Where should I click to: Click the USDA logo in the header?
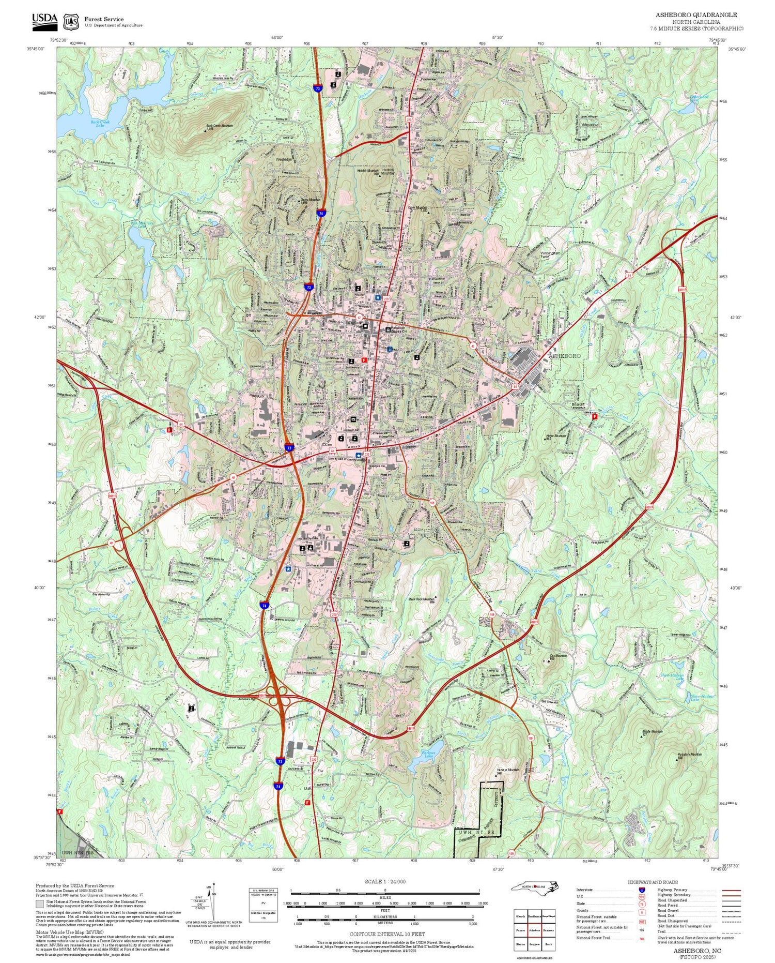[44, 21]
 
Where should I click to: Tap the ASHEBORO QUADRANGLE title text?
[696, 14]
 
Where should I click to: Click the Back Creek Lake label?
[100, 124]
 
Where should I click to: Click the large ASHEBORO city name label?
[564, 356]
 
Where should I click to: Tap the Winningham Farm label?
[550, 255]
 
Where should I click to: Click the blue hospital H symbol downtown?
[378, 298]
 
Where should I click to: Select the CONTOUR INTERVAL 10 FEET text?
[387, 934]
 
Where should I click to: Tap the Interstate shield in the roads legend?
[642, 890]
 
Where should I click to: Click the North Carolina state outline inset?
[535, 887]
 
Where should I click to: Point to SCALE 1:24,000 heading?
[385, 881]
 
